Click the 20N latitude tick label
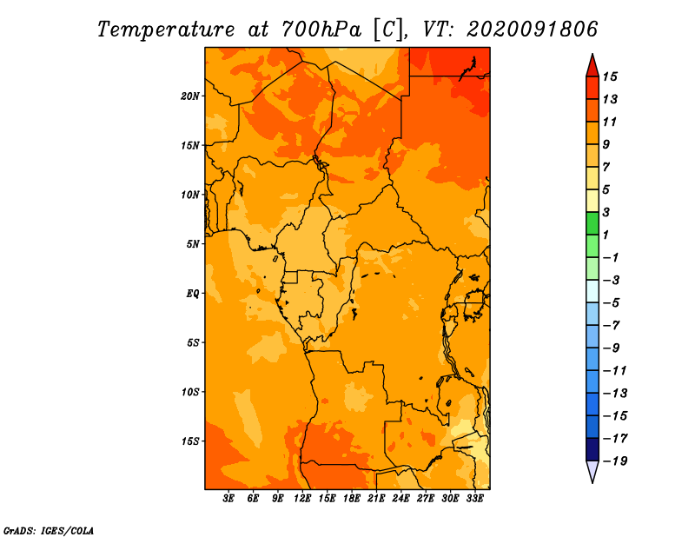pos(190,96)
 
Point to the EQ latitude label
pos(192,294)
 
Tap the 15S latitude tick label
pos(190,441)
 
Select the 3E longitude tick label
pos(228,499)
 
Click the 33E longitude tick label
pos(474,499)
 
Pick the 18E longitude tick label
pos(352,499)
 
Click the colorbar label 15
pos(610,76)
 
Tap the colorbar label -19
pos(615,461)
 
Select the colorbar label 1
pos(606,235)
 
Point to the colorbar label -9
pos(612,348)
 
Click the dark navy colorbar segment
pos(592,449)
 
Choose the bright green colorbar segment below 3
pos(592,223)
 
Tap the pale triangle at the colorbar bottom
pos(592,470)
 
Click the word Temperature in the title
pos(166,30)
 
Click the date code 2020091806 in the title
pos(532,30)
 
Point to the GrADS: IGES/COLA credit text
pos(49,531)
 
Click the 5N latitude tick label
pos(193,244)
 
